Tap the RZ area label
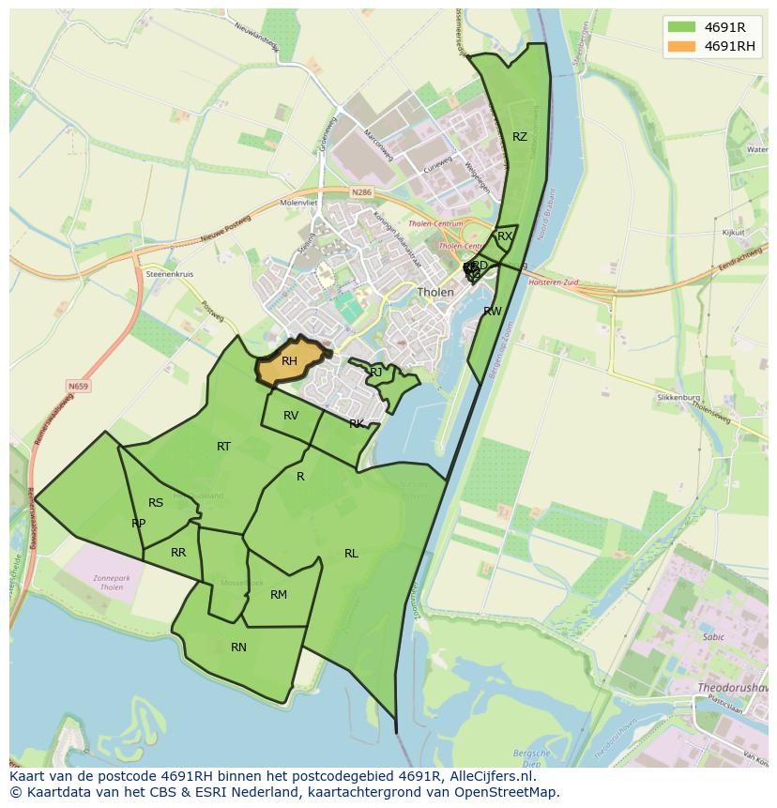coord(520,137)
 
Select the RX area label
coord(505,236)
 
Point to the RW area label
coord(493,312)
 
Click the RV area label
coord(291,416)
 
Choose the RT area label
coord(223,447)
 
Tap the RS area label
coord(156,503)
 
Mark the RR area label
coord(178,553)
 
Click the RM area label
coord(279,595)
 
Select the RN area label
coord(238,648)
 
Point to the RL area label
coord(351,554)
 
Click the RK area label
coord(357,424)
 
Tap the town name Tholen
coord(435,292)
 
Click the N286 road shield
coord(361,191)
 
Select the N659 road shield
coord(78,386)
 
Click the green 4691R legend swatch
coord(681,27)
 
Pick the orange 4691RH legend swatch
coord(681,46)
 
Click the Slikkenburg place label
coord(678,398)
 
